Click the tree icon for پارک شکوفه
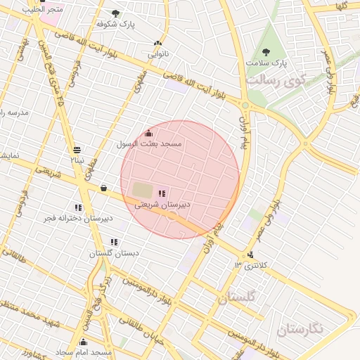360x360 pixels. pyautogui.click(x=115, y=13)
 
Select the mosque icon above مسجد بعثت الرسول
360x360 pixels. pyautogui.click(x=148, y=133)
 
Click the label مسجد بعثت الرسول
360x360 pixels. pyautogui.click(x=149, y=143)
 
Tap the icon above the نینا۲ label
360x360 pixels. pyautogui.click(x=76, y=149)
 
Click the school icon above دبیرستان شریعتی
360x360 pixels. pyautogui.click(x=162, y=193)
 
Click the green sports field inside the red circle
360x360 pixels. pyautogui.click(x=141, y=191)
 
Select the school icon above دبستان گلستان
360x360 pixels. pyautogui.click(x=114, y=242)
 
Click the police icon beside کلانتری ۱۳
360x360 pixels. pyautogui.click(x=251, y=255)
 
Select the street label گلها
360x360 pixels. pyautogui.click(x=342, y=5)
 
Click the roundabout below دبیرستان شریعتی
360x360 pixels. pyautogui.click(x=173, y=217)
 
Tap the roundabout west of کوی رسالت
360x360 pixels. pyautogui.click(x=245, y=105)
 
